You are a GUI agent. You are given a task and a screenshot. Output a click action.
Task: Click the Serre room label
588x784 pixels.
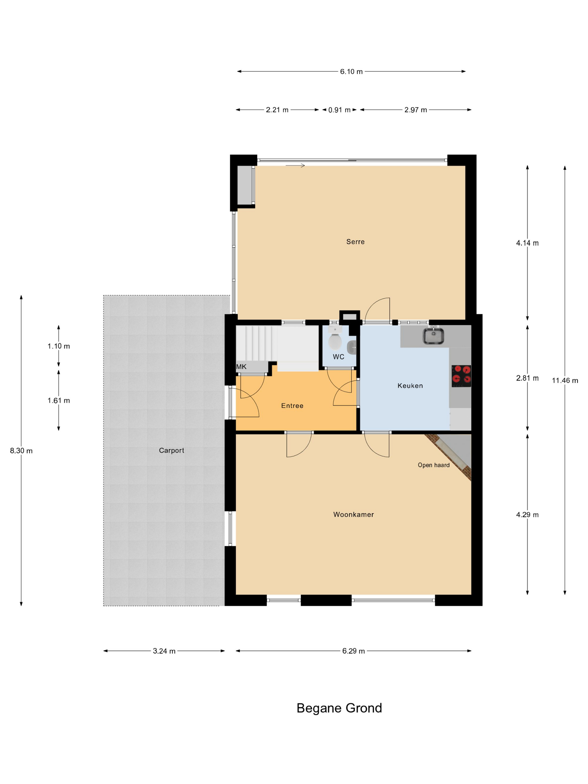pyautogui.click(x=355, y=242)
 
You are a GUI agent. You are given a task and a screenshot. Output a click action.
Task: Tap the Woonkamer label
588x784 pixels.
pyautogui.click(x=353, y=514)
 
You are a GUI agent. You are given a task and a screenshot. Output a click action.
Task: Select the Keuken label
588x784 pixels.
pyautogui.click(x=410, y=386)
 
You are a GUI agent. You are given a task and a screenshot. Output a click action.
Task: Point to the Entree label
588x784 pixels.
pyautogui.click(x=292, y=405)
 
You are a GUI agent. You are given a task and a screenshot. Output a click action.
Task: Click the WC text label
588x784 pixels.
pyautogui.click(x=338, y=357)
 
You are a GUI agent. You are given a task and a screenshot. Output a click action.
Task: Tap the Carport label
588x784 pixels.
pyautogui.click(x=172, y=451)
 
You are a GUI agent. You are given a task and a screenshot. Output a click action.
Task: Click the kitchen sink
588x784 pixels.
pyautogui.click(x=433, y=336)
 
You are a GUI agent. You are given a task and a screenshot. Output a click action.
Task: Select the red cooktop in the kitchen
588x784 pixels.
pyautogui.click(x=461, y=376)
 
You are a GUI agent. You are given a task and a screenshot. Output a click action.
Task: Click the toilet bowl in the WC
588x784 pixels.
pyautogui.click(x=335, y=341)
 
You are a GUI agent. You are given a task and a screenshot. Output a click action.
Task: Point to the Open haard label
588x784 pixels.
pyautogui.click(x=433, y=465)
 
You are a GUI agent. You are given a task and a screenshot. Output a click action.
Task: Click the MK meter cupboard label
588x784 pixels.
pyautogui.click(x=241, y=367)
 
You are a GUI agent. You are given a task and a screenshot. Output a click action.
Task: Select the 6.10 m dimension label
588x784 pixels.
pyautogui.click(x=351, y=72)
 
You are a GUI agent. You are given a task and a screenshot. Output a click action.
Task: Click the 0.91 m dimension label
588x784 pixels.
pyautogui.click(x=339, y=110)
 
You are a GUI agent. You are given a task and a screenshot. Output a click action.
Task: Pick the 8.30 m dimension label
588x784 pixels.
pyautogui.click(x=21, y=451)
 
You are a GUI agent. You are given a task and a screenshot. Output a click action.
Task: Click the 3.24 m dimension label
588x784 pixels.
pyautogui.click(x=164, y=651)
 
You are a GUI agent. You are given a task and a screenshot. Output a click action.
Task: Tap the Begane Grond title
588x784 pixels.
pyautogui.click(x=339, y=708)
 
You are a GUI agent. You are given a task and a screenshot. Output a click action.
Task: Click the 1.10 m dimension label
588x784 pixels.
pyautogui.click(x=59, y=346)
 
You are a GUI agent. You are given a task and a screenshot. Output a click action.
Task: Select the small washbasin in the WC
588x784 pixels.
pyautogui.click(x=351, y=347)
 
